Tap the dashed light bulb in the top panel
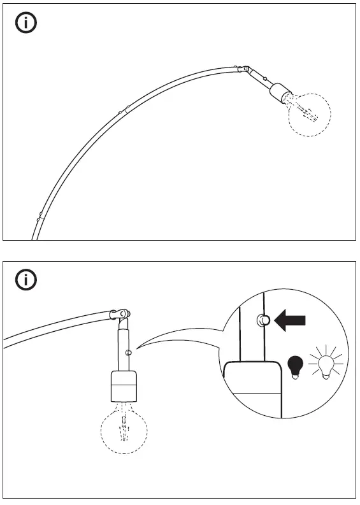pos(310,115)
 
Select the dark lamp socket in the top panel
pos(278,93)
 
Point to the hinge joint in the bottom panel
pos(121,313)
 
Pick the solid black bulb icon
pos(295,366)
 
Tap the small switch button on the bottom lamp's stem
pos(129,352)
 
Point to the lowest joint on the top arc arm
pos(40,215)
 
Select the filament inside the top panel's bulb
pos(308,113)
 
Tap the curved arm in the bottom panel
pos(57,325)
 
